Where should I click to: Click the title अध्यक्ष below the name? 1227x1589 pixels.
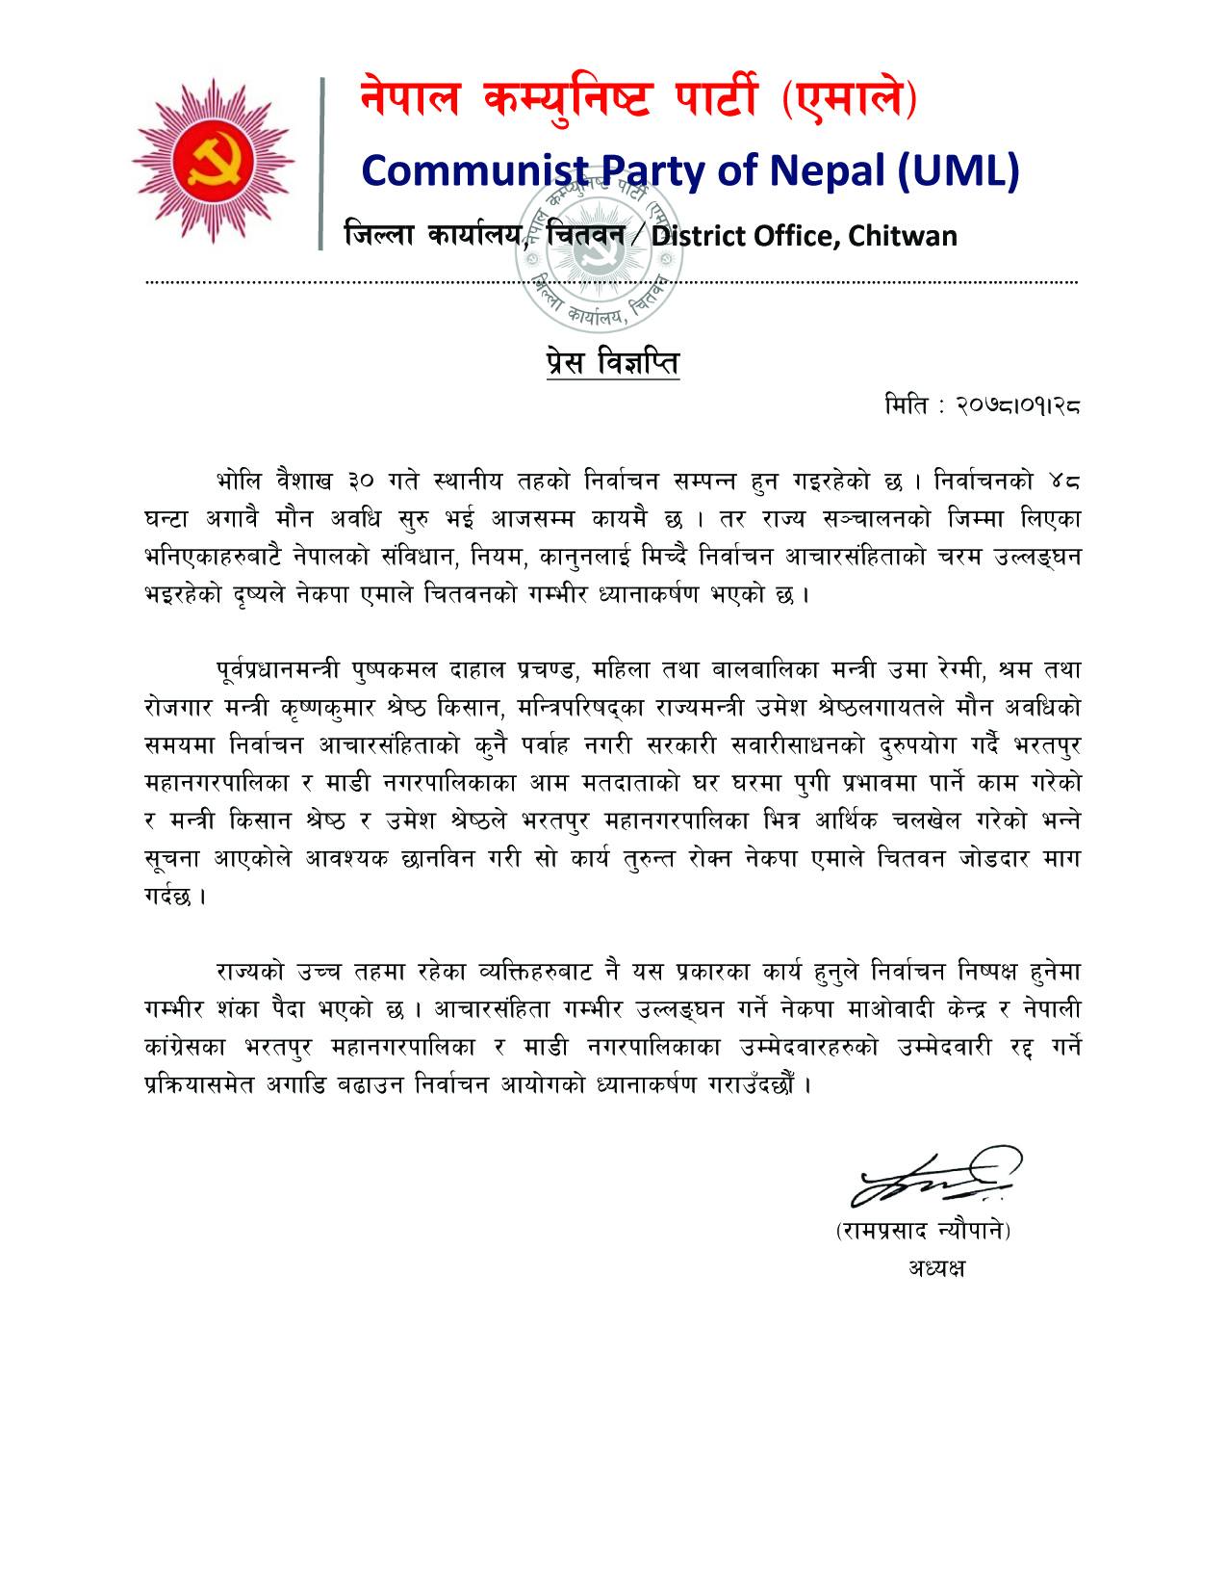coord(934,1267)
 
